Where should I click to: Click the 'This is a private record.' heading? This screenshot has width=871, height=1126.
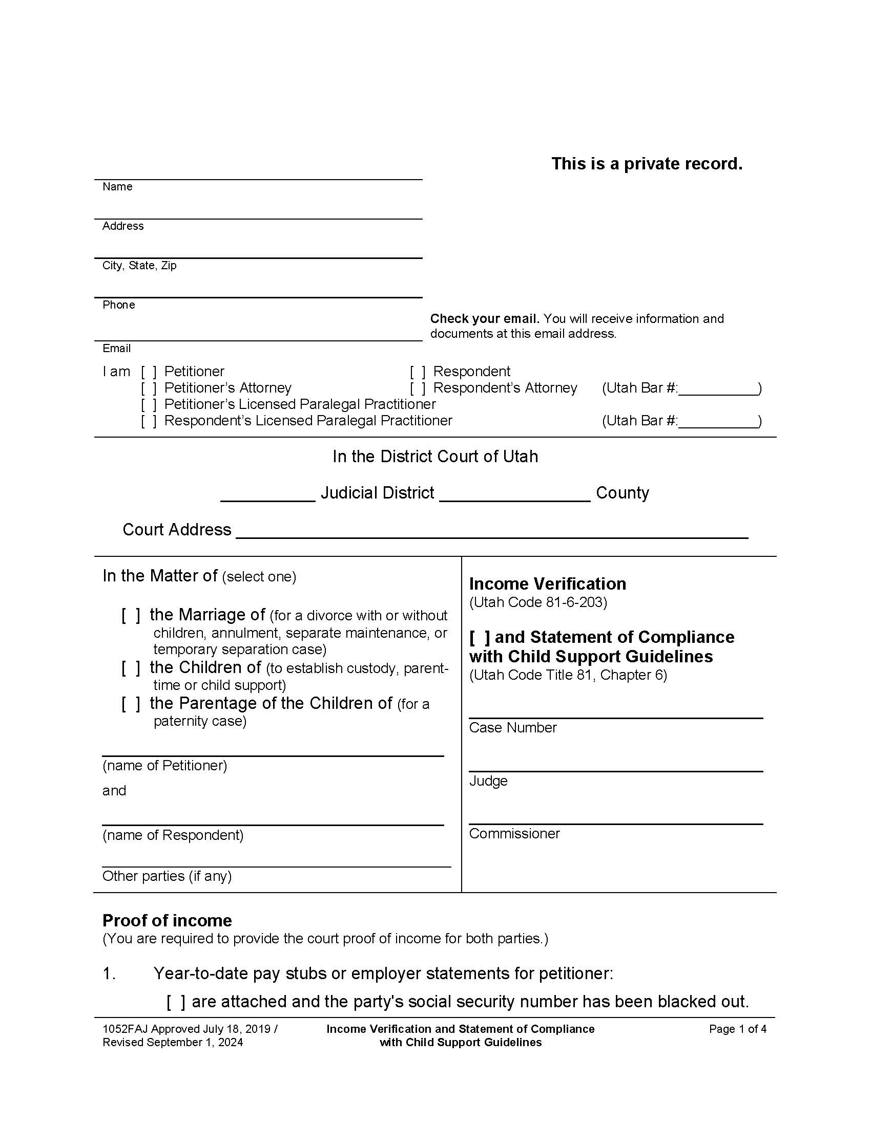point(647,163)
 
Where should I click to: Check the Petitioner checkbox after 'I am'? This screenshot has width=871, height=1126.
point(149,372)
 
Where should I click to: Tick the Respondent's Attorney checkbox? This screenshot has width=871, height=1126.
point(418,388)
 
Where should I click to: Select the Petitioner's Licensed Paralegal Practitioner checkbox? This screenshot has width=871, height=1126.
point(149,404)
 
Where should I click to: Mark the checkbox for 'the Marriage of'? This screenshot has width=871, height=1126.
point(131,615)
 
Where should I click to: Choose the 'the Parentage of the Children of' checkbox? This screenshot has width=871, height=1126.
point(131,704)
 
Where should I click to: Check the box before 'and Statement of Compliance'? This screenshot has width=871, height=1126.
point(480,638)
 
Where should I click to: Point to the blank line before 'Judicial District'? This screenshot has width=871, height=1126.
point(267,495)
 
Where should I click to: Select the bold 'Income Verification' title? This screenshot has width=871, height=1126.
point(548,583)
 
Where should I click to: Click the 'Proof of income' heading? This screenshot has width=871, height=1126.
point(167,920)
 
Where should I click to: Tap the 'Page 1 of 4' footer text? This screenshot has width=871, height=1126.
point(737,1029)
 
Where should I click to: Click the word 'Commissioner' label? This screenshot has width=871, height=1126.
point(514,834)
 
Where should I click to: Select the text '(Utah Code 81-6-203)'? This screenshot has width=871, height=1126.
point(537,602)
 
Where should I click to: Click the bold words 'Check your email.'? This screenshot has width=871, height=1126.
point(485,319)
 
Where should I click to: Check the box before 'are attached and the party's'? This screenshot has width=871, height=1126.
point(175,1002)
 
